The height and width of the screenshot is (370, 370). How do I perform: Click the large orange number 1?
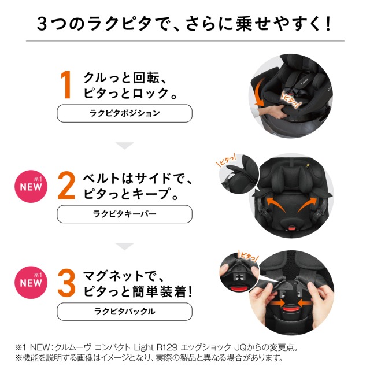[66, 84]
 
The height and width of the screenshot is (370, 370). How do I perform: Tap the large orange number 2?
[66, 186]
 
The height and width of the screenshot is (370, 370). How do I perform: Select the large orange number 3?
[66, 283]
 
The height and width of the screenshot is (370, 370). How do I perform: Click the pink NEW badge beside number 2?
[31, 186]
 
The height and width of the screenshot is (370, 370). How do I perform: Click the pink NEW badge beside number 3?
[31, 283]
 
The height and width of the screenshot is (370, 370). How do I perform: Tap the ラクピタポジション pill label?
[125, 113]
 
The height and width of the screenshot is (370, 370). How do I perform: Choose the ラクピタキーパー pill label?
[125, 214]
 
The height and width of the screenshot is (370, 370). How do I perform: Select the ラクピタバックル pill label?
[125, 312]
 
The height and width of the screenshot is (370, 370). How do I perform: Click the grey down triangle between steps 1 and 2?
[125, 146]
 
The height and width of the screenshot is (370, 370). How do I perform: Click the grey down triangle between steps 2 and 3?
[125, 246]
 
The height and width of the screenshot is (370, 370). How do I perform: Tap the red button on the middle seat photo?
[292, 228]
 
